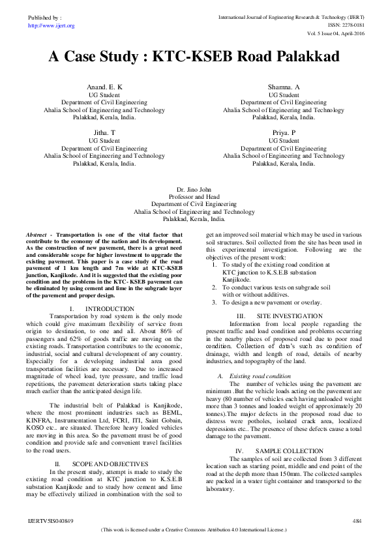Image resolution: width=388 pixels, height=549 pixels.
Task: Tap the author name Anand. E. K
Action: (104, 87)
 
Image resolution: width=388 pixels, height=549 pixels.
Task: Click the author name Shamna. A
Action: (284, 87)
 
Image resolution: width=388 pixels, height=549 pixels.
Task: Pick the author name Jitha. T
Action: (104, 132)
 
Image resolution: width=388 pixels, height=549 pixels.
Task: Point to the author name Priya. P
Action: (284, 132)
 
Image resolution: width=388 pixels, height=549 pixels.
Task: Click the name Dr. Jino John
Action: (194, 188)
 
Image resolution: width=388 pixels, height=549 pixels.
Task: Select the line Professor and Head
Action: (194, 196)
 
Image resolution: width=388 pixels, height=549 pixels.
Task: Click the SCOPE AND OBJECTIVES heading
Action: (112, 464)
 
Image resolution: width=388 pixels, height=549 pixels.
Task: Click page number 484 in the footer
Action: (356, 521)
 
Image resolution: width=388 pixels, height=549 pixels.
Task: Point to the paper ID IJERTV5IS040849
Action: (51, 521)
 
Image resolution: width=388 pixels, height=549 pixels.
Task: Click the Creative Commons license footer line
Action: (194, 531)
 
